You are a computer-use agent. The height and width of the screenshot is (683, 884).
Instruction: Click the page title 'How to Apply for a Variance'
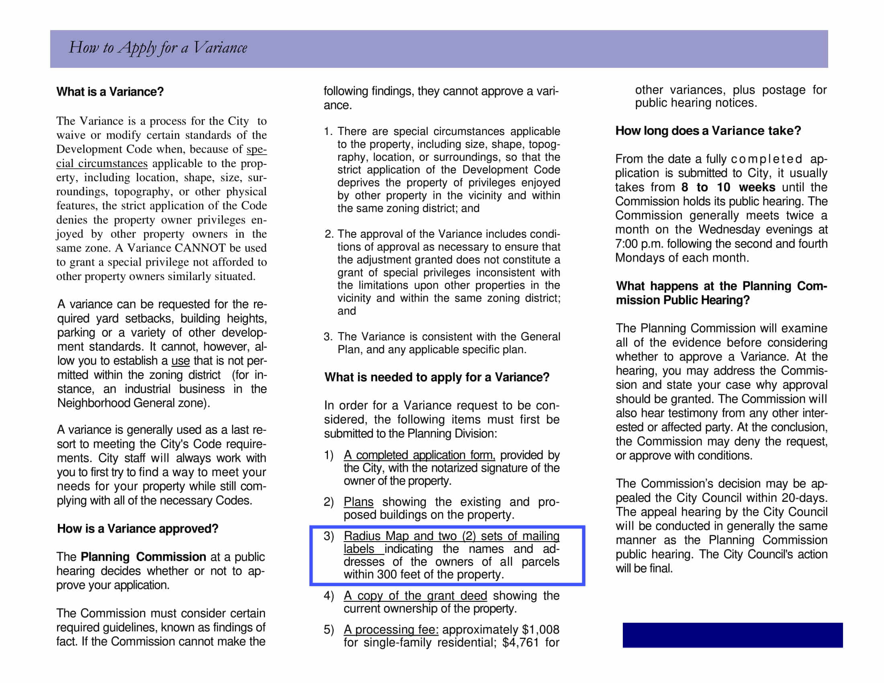(x=158, y=48)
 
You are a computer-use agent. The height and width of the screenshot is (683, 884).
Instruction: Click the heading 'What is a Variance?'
(x=110, y=92)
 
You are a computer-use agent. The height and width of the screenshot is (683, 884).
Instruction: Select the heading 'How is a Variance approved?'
(x=137, y=528)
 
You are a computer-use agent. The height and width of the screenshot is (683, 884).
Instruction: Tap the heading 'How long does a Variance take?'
(x=708, y=131)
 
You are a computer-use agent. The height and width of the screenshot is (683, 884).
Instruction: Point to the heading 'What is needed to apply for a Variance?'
(x=437, y=377)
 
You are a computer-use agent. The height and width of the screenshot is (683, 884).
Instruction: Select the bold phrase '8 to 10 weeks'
(x=728, y=187)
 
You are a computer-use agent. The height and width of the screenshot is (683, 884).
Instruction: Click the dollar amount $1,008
(x=541, y=630)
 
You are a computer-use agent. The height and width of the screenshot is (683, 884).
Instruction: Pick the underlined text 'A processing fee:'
(x=391, y=630)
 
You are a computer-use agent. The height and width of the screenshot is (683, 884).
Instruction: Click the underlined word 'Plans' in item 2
(x=358, y=502)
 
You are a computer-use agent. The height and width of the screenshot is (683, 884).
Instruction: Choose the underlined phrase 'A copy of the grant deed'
(x=415, y=595)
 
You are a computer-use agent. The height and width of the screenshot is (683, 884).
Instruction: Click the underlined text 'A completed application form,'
(x=419, y=455)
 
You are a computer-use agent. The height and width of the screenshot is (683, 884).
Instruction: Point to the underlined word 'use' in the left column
(x=180, y=360)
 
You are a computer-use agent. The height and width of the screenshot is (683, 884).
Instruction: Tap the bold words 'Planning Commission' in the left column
(x=143, y=557)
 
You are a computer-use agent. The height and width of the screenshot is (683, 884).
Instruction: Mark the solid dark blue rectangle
(x=733, y=635)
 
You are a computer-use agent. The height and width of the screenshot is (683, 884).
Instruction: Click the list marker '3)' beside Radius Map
(x=329, y=536)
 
